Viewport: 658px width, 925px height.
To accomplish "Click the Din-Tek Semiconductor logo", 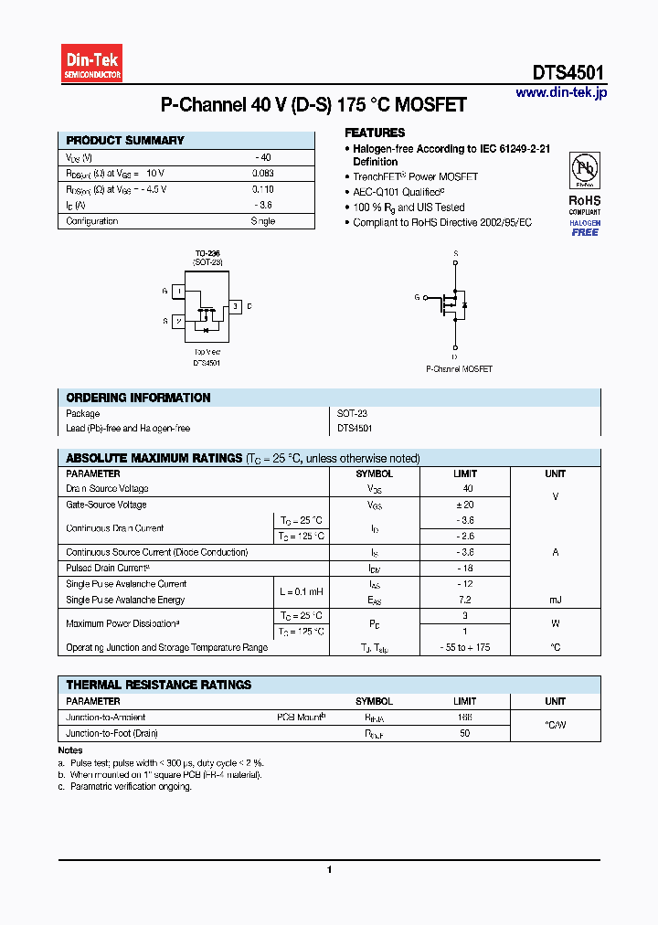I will [91, 65].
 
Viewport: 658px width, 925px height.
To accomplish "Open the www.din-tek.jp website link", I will [560, 93].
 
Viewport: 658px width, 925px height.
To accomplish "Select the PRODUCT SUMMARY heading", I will [125, 141].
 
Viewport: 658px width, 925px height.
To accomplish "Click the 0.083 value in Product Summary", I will [262, 173].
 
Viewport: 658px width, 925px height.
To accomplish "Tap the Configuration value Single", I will [262, 221].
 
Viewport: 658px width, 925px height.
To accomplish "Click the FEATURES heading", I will [375, 133].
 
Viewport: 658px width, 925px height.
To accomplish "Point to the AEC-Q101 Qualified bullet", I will [398, 192].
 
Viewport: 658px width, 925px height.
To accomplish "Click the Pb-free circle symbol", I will [585, 170].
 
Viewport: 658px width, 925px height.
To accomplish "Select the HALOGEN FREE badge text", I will [585, 228].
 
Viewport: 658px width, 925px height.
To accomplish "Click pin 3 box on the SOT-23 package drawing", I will [235, 306].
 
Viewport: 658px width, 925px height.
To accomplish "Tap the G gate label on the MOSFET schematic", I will [417, 297].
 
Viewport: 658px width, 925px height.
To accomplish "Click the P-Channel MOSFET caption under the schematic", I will [459, 369].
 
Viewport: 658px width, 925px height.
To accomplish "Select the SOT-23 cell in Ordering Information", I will [352, 414].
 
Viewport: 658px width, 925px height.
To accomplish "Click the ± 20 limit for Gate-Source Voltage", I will [465, 505].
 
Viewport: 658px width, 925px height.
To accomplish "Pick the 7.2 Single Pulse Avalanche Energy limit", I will [465, 600].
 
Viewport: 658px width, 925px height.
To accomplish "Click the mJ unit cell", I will [555, 600].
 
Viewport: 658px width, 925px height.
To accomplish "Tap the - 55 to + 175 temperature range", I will [465, 647].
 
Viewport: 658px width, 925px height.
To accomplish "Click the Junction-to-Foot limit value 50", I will [465, 733].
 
